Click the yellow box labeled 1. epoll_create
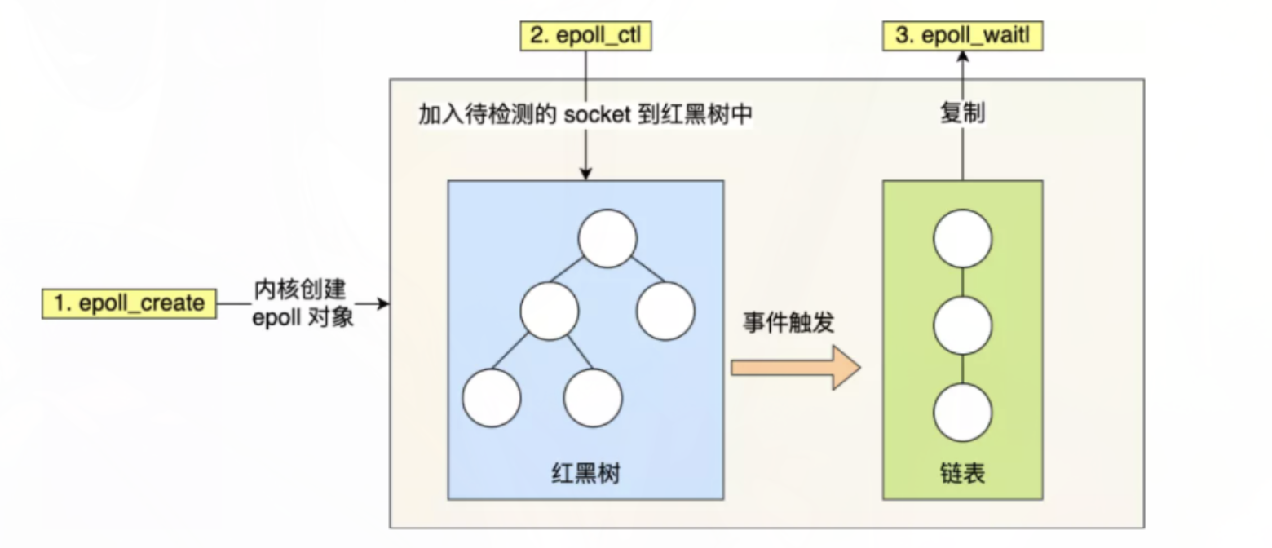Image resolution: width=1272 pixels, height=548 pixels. click(130, 304)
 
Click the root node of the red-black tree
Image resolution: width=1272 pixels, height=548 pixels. click(607, 238)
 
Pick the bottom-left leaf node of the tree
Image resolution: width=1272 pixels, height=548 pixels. click(491, 398)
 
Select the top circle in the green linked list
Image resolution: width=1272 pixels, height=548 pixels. click(962, 238)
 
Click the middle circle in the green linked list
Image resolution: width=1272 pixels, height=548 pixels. click(962, 325)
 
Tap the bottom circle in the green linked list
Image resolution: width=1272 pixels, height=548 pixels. click(962, 413)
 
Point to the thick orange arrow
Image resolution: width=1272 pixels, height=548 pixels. click(795, 368)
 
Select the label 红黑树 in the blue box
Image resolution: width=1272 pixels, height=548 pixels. click(585, 473)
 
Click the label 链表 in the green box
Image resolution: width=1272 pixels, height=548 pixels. click(962, 473)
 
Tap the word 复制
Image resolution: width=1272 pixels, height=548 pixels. click(962, 114)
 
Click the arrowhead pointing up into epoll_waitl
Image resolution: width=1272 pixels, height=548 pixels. click(962, 55)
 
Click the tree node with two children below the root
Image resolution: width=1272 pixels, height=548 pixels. click(550, 311)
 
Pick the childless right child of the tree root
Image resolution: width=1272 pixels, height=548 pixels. click(665, 311)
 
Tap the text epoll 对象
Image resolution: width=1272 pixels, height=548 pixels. click(302, 318)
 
